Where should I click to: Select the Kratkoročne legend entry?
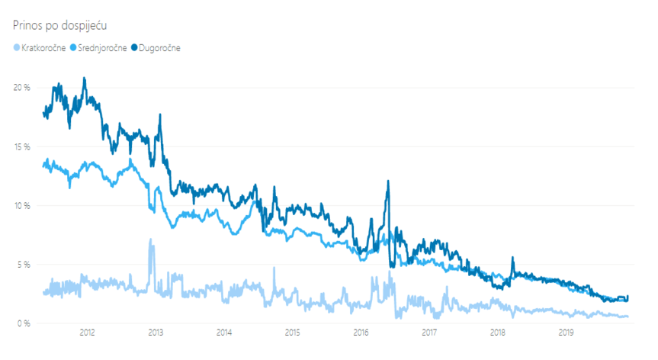pyautogui.click(x=45, y=48)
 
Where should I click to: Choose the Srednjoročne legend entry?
pyautogui.click(x=102, y=48)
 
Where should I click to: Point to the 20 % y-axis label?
pyautogui.click(x=21, y=88)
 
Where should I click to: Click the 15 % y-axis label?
pyautogui.click(x=21, y=146)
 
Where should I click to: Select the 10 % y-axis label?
pyautogui.click(x=21, y=206)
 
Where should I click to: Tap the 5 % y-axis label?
pyautogui.click(x=23, y=265)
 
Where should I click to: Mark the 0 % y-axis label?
pyautogui.click(x=23, y=323)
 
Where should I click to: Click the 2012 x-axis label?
pyautogui.click(x=87, y=333)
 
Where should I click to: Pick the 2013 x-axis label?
pyautogui.click(x=156, y=333)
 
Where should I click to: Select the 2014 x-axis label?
pyautogui.click(x=224, y=333)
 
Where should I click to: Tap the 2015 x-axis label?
pyautogui.click(x=292, y=333)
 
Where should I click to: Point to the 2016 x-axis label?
pyautogui.click(x=361, y=333)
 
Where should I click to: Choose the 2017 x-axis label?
pyautogui.click(x=429, y=333)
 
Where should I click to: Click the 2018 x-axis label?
pyautogui.click(x=498, y=333)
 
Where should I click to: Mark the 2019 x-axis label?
pyautogui.click(x=567, y=333)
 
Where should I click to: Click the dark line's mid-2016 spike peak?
pyautogui.click(x=388, y=181)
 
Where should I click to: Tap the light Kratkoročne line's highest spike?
pyautogui.click(x=150, y=239)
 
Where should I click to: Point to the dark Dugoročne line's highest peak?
pyautogui.click(x=84, y=78)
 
